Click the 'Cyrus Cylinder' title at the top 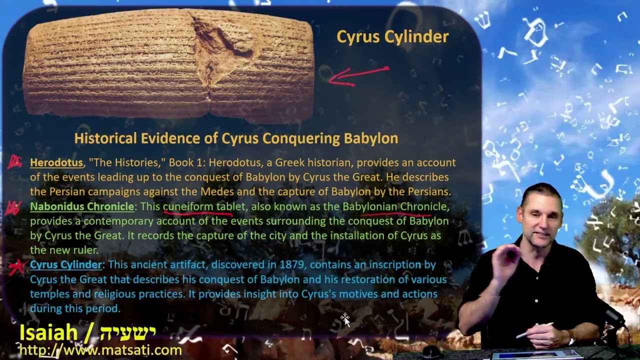[x=392, y=37]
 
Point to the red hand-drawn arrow [x=358, y=75]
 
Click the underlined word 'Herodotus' [x=56, y=162]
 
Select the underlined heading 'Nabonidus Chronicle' [x=82, y=206]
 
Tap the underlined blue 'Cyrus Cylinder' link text [x=65, y=265]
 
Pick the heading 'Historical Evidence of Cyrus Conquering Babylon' [x=236, y=138]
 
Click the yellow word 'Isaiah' [x=48, y=333]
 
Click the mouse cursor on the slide [x=345, y=319]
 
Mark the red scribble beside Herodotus [x=15, y=162]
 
